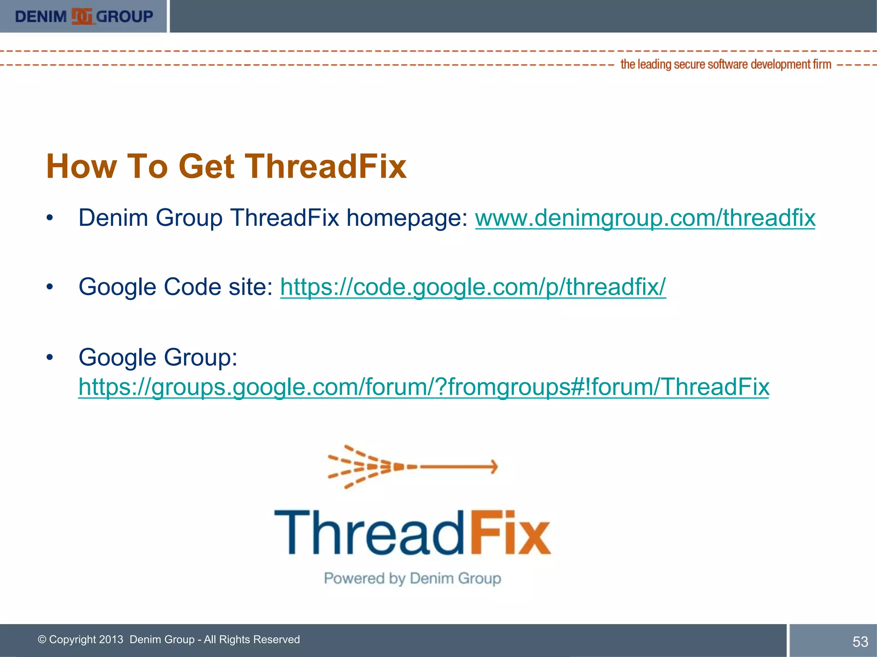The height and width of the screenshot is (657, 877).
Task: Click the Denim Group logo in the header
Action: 84,16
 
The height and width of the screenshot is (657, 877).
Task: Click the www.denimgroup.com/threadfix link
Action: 645,218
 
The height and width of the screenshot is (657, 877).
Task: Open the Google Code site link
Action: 473,287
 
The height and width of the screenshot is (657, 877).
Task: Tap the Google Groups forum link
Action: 424,387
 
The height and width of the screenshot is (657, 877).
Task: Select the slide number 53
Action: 860,642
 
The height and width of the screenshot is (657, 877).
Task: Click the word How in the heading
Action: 81,166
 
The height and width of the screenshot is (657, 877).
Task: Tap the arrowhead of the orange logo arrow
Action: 494,466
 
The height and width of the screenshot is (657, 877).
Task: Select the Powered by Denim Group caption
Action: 412,578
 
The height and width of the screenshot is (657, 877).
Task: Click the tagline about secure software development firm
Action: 725,64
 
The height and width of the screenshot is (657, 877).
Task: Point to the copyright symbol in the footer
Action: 42,639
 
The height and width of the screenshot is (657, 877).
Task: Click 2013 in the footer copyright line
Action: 111,639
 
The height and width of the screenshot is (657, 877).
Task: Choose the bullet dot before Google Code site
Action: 50,287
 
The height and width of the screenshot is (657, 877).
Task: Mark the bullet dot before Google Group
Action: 50,357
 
